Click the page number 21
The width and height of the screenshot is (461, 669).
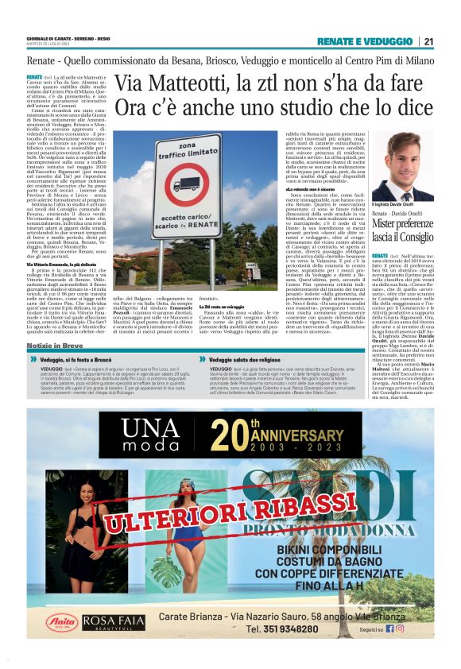click(x=428, y=42)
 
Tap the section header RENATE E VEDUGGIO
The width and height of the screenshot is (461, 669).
click(x=374, y=42)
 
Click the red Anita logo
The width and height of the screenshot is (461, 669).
click(x=61, y=622)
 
